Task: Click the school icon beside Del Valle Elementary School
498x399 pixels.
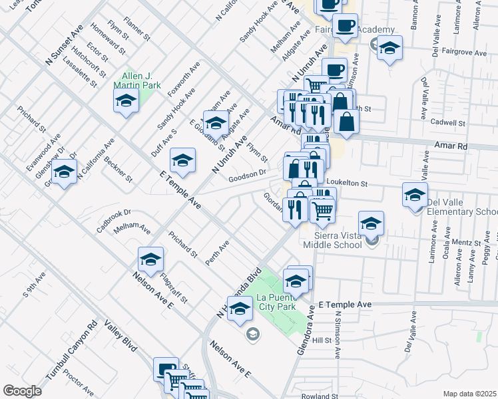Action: (415, 196)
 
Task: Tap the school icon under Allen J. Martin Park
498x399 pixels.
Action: (125, 101)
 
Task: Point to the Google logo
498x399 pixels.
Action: (22, 391)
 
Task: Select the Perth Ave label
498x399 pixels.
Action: (218, 253)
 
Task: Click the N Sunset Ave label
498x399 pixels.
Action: (64, 45)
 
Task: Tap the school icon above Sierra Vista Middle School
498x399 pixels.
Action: (371, 223)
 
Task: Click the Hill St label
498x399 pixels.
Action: (322, 340)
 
